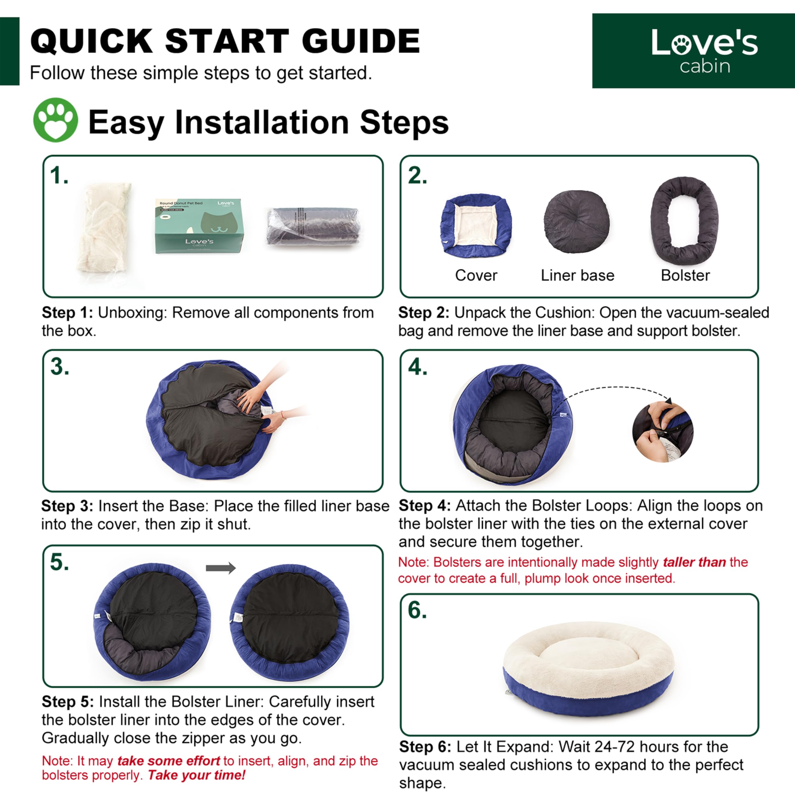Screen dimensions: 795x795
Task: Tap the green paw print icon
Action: (x=56, y=120)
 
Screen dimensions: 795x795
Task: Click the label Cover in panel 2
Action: (x=476, y=275)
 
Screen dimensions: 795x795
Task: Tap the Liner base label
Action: (x=577, y=275)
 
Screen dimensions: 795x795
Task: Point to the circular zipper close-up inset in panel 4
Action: (x=662, y=432)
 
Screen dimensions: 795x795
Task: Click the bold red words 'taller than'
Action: (x=694, y=562)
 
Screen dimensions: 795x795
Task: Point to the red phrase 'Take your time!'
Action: (x=196, y=775)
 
